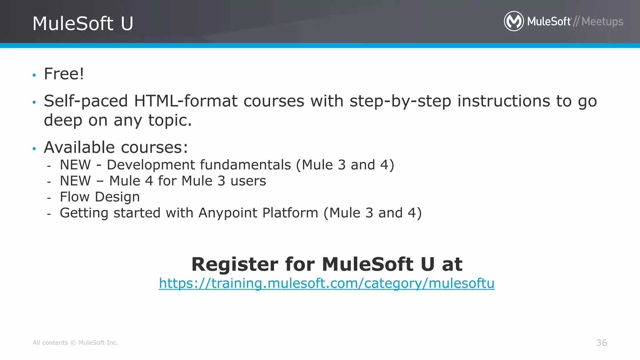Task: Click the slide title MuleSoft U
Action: (83, 23)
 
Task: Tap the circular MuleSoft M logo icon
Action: (514, 21)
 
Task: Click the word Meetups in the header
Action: (602, 22)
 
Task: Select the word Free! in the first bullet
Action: (64, 74)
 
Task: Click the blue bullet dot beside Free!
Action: (34, 75)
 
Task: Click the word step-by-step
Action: (400, 101)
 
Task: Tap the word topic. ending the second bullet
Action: (170, 120)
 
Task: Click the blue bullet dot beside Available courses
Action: (34, 149)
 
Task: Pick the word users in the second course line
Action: (248, 181)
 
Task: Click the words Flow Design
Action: (100, 197)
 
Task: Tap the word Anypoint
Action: (228, 213)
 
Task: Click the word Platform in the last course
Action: (290, 213)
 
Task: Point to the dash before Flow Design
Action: (49, 198)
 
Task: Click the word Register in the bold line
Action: (234, 264)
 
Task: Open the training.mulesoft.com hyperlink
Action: (327, 283)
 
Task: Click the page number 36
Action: (602, 343)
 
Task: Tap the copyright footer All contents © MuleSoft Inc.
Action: (75, 343)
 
